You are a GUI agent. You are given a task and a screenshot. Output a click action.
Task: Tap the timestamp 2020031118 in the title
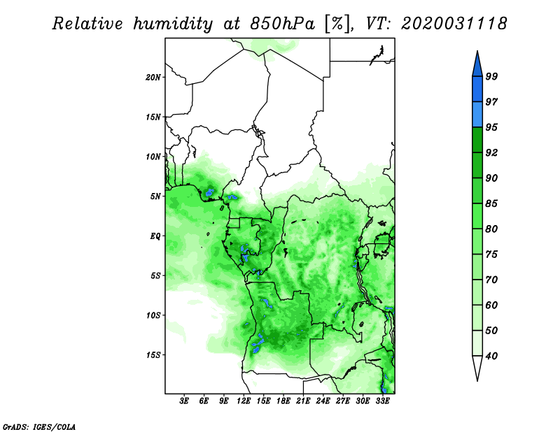(453, 24)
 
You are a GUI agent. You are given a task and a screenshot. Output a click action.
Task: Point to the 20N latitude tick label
(153, 77)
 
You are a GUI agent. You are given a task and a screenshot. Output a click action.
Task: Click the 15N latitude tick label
(153, 117)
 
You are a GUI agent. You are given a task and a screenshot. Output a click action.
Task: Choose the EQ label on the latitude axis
(155, 236)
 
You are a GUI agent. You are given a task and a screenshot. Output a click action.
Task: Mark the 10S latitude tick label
(153, 315)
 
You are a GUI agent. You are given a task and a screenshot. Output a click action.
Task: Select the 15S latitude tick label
(153, 355)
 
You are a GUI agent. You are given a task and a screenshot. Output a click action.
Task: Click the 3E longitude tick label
(185, 401)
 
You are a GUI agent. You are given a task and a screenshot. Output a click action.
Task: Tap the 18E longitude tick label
(283, 401)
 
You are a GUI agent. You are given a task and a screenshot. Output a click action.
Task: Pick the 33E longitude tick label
(382, 401)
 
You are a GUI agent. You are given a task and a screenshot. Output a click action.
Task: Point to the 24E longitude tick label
(323, 401)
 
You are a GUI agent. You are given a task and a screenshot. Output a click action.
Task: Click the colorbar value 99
(492, 77)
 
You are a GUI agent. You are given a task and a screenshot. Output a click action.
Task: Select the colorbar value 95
(492, 128)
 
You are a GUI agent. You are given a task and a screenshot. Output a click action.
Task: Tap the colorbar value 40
(492, 356)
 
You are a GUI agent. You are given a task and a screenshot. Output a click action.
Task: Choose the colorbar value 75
(492, 254)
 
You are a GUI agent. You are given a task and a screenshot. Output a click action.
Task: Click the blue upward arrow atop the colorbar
(477, 64)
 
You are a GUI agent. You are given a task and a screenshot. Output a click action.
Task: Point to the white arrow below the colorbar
(477, 368)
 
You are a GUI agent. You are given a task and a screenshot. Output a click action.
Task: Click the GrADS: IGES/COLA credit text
(38, 426)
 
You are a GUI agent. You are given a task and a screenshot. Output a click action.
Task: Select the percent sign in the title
(337, 24)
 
